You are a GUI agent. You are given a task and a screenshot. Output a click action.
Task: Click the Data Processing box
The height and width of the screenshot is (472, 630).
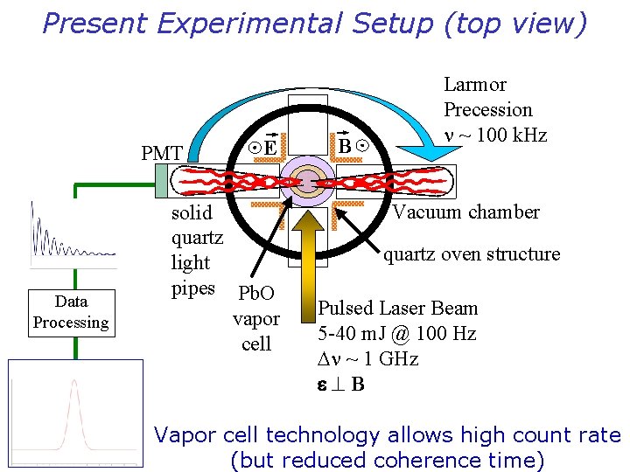click(x=71, y=312)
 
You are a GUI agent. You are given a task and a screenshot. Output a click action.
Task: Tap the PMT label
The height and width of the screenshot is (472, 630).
click(x=162, y=154)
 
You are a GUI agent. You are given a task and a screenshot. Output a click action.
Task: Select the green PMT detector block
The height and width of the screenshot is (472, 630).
click(x=161, y=181)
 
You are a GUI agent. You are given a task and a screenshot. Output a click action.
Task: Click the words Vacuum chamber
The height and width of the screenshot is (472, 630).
click(x=465, y=212)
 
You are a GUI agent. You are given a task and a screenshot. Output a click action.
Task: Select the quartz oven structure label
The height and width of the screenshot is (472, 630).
click(x=472, y=254)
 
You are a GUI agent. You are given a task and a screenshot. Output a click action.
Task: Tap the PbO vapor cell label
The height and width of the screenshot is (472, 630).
click(x=255, y=318)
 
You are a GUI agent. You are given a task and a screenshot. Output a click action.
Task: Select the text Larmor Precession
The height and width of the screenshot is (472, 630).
click(x=487, y=97)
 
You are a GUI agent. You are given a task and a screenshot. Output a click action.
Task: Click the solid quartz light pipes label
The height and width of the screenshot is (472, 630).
click(x=197, y=250)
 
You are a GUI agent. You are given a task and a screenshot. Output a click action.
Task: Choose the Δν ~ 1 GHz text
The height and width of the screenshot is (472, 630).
click(x=367, y=359)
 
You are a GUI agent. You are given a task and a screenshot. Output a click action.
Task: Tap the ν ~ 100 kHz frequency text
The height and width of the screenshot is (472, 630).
click(x=495, y=135)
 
